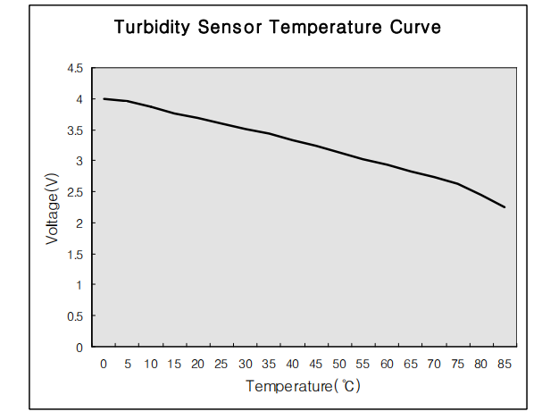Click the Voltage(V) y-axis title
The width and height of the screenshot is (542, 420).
point(53,209)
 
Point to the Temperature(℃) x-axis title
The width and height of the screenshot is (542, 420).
point(304,387)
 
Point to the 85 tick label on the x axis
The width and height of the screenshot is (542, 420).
point(504,364)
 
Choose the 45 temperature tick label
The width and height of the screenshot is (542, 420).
point(316,364)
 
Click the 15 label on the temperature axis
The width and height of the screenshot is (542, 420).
point(174,364)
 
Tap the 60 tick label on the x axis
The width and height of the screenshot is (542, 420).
point(387,364)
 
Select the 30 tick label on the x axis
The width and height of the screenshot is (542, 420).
point(246,364)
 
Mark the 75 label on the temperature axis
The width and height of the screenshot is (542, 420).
point(457,364)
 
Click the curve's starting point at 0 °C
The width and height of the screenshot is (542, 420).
point(104,99)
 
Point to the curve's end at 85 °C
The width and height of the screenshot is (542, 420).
point(504,207)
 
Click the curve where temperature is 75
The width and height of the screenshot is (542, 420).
point(457,184)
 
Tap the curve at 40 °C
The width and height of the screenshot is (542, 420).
point(293,140)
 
